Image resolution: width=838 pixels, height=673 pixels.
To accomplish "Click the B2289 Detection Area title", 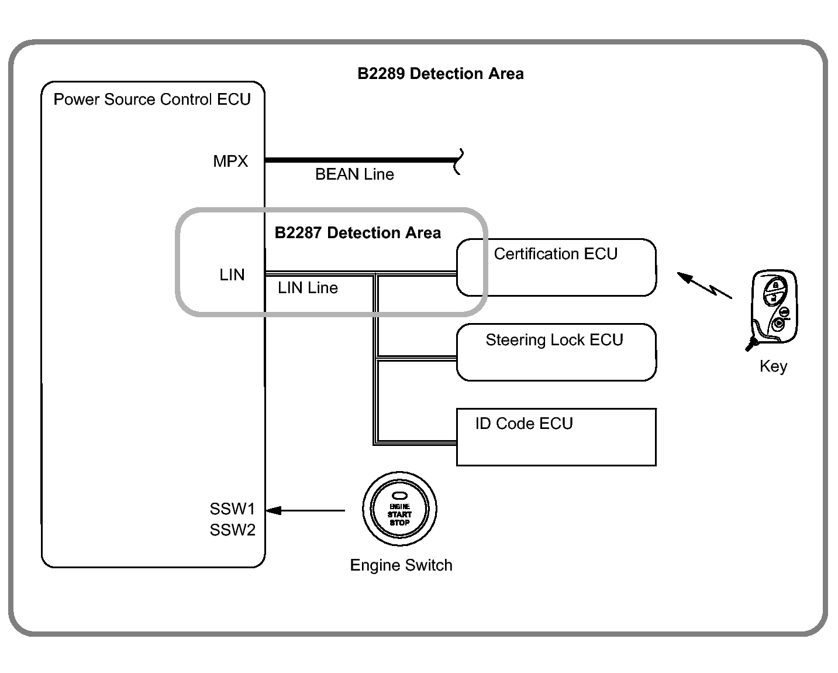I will tap(440, 74).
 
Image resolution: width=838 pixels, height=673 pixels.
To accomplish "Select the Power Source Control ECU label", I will tap(152, 99).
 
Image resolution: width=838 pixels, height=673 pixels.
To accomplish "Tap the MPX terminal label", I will tap(230, 162).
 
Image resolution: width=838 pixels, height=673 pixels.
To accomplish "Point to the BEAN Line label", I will tap(354, 174).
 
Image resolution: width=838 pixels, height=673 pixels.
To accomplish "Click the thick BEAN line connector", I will tap(360, 160).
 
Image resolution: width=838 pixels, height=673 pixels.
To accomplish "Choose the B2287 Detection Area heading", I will tap(357, 233).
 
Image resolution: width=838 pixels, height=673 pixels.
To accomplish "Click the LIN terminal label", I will tap(232, 275).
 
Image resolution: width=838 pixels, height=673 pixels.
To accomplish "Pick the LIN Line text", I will tap(308, 288).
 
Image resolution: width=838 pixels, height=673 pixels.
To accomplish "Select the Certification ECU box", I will tap(556, 267).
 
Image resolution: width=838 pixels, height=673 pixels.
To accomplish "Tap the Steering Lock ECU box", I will tap(556, 352).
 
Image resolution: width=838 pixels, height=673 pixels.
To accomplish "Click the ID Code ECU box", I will tap(556, 437).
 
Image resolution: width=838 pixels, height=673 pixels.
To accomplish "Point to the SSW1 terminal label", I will tap(233, 509).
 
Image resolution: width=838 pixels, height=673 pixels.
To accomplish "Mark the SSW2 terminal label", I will tap(233, 530).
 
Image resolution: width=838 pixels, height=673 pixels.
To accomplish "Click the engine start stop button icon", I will tap(400, 509).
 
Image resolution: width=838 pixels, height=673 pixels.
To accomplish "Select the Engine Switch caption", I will tap(401, 565).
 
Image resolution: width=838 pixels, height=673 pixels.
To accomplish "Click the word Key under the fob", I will tap(773, 366).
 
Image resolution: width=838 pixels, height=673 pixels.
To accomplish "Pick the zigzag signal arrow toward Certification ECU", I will tap(704, 285).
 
